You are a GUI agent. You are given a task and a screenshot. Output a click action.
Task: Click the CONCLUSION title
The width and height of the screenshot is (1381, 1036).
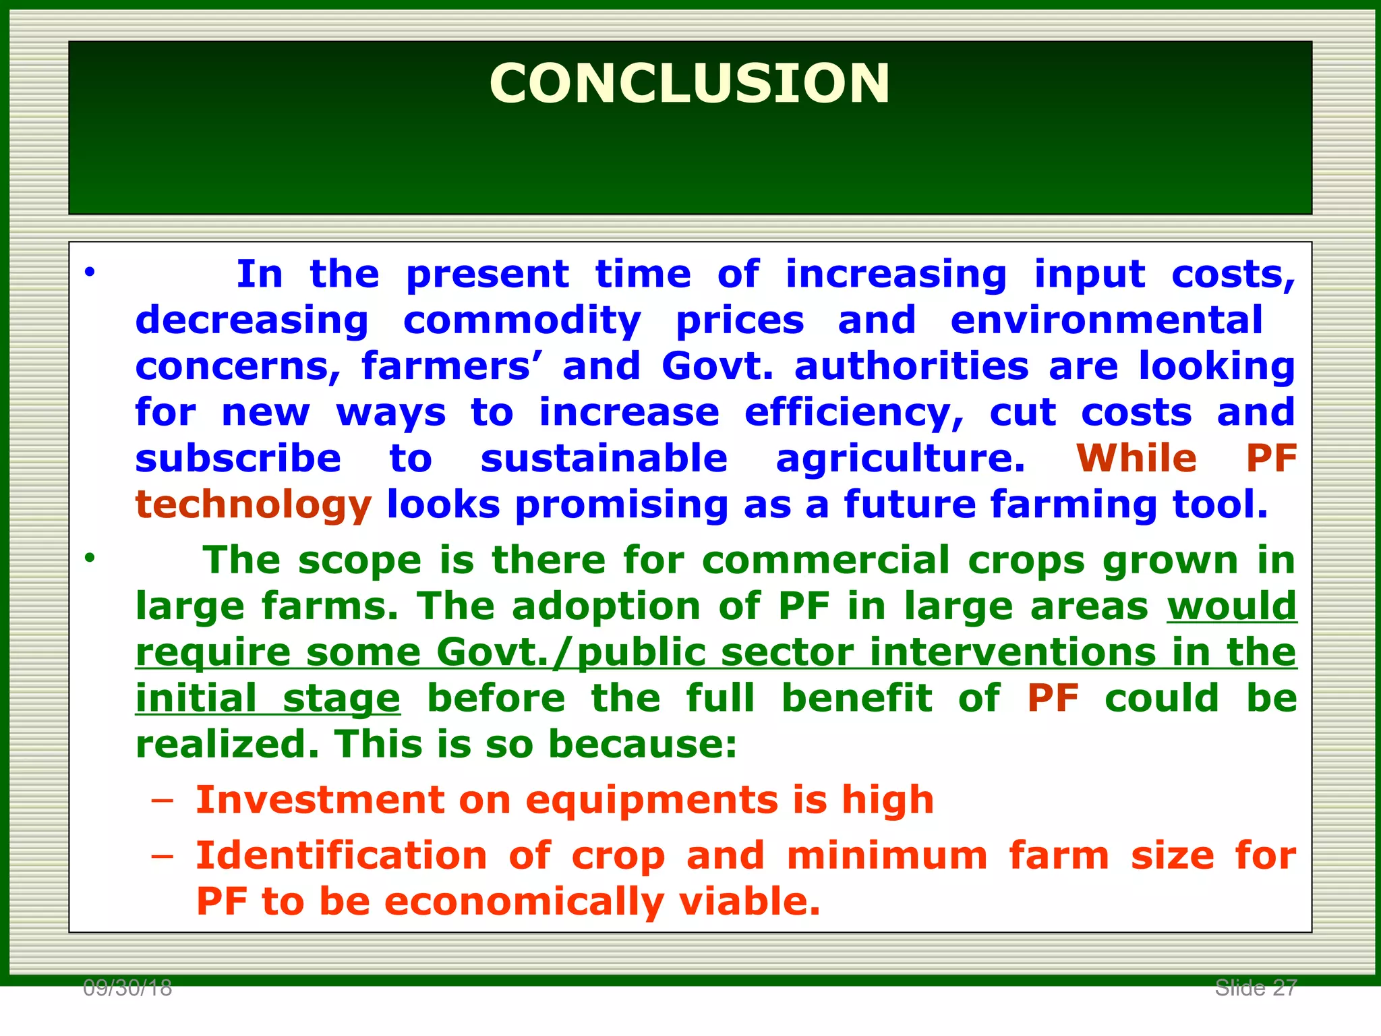[689, 84]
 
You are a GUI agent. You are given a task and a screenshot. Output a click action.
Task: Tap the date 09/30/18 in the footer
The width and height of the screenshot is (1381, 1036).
[127, 989]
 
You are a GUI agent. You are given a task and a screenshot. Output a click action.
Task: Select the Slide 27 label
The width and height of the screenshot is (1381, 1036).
[1256, 988]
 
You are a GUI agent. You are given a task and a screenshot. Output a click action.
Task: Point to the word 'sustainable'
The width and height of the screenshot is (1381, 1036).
[604, 459]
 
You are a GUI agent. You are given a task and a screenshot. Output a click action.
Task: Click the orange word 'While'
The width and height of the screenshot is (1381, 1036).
[1136, 459]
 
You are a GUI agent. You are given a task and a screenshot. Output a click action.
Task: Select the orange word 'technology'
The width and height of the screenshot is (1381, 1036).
[254, 505]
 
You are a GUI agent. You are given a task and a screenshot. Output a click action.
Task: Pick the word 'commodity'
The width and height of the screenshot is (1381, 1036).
[522, 321]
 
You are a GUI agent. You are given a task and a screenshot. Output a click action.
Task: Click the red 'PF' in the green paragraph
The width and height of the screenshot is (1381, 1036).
[1053, 698]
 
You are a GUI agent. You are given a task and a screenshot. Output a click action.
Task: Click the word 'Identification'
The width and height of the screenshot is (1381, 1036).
[341, 855]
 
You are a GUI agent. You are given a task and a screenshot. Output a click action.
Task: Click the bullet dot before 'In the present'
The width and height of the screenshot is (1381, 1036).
[90, 273]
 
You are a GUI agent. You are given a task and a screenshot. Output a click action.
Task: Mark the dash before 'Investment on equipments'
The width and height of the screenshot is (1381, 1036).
[163, 801]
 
